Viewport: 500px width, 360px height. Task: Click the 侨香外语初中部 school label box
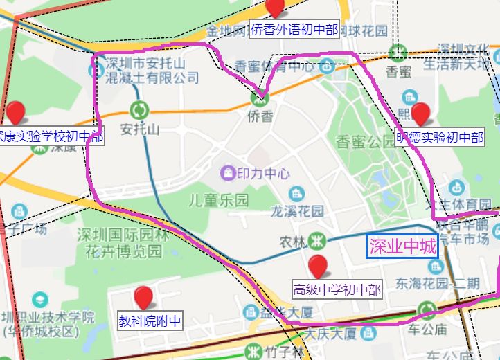click(x=294, y=30)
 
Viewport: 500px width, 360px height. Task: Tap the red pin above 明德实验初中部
click(x=420, y=112)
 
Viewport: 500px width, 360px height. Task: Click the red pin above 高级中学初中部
click(x=318, y=266)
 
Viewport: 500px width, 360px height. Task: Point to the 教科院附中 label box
click(x=150, y=321)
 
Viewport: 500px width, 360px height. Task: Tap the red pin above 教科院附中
click(x=143, y=298)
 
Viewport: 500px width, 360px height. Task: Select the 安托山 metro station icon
click(x=139, y=109)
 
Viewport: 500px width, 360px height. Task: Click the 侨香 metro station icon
click(x=260, y=99)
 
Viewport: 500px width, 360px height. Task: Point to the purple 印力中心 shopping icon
click(x=226, y=172)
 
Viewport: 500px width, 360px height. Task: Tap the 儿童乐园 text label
click(x=219, y=201)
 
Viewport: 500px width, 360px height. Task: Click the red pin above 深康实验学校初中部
click(x=15, y=112)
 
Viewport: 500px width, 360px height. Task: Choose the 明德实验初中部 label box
click(x=440, y=137)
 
